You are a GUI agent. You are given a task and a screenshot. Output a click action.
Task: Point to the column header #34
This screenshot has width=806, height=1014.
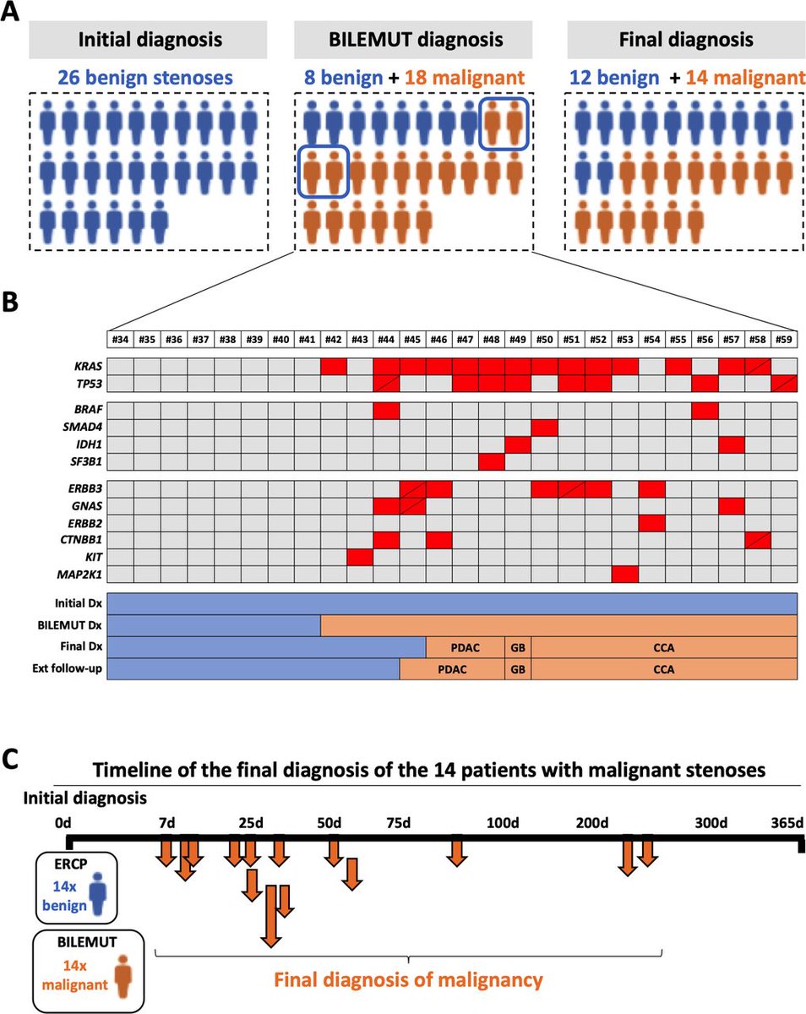pos(121,340)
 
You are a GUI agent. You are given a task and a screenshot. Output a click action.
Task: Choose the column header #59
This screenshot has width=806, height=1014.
pos(785,340)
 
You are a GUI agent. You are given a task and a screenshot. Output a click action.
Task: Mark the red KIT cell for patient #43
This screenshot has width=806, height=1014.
pos(360,557)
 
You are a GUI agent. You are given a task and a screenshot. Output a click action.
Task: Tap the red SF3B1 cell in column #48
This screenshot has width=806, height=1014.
pos(492,461)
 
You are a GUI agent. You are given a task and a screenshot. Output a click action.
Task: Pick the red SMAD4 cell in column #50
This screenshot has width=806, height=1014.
pos(545,428)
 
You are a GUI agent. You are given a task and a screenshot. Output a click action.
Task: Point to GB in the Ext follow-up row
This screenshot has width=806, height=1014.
pos(517,670)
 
